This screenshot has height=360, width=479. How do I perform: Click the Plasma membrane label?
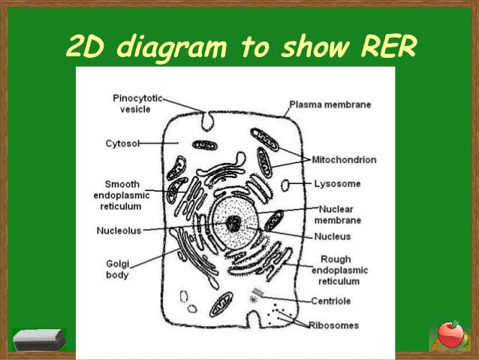coord(330,104)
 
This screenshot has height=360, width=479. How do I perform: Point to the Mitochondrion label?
coord(345,160)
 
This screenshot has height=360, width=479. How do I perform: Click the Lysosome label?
coord(336,183)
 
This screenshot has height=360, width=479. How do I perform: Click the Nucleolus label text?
coord(118,231)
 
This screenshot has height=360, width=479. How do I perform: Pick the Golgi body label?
coord(117,269)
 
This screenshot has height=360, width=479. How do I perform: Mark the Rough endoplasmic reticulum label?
coord(336,271)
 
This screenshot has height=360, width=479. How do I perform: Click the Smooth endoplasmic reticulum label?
coord(126,194)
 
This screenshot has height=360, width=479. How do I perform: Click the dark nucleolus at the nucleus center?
coord(233,222)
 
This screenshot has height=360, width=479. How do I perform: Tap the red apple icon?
coord(450,334)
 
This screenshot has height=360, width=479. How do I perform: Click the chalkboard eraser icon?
coord(40,340)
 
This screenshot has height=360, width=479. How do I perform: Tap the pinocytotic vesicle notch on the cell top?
coord(207,119)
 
